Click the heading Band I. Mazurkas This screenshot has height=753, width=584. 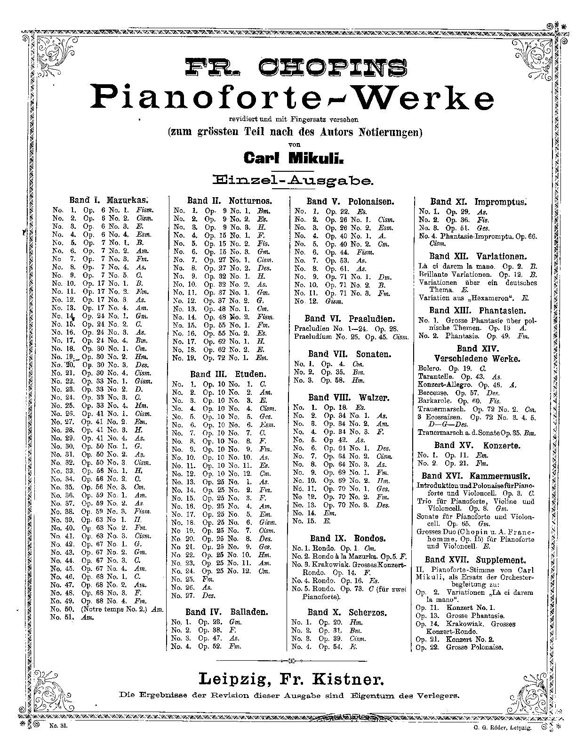click(106, 200)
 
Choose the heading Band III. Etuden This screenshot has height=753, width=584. click(228, 374)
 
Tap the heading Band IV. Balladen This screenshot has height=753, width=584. click(226, 612)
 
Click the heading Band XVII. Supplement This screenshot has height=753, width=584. click(475, 560)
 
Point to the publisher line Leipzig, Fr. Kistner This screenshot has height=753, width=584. click(292, 679)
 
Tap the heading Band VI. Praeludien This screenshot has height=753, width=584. click(349, 319)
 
